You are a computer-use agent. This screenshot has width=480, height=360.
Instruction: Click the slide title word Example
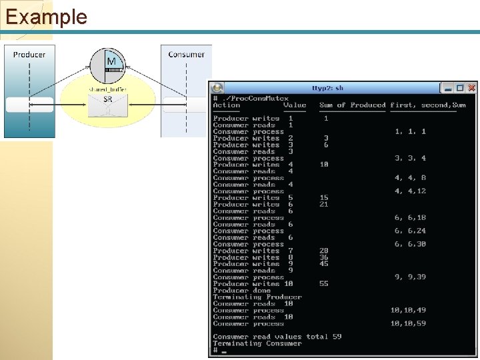(x=46, y=16)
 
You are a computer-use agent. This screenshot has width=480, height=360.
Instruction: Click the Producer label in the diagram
(x=29, y=55)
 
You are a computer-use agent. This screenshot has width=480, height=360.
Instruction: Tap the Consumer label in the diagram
(x=186, y=55)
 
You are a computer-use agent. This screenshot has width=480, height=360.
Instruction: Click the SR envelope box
(x=107, y=103)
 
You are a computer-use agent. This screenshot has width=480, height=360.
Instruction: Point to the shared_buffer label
(x=107, y=89)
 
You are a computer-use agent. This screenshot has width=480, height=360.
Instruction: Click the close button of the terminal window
(x=471, y=87)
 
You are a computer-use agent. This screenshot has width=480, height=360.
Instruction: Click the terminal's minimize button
(x=449, y=87)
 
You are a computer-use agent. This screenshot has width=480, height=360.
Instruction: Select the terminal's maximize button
(x=460, y=87)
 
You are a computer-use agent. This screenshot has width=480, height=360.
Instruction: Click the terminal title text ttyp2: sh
(x=328, y=88)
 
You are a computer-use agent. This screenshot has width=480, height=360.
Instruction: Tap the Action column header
(x=227, y=105)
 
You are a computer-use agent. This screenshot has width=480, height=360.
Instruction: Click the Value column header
(x=295, y=105)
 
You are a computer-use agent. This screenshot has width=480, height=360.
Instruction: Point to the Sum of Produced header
(x=353, y=105)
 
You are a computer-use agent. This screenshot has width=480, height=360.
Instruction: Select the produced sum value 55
(x=324, y=284)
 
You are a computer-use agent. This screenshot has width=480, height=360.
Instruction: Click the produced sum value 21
(x=324, y=205)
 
